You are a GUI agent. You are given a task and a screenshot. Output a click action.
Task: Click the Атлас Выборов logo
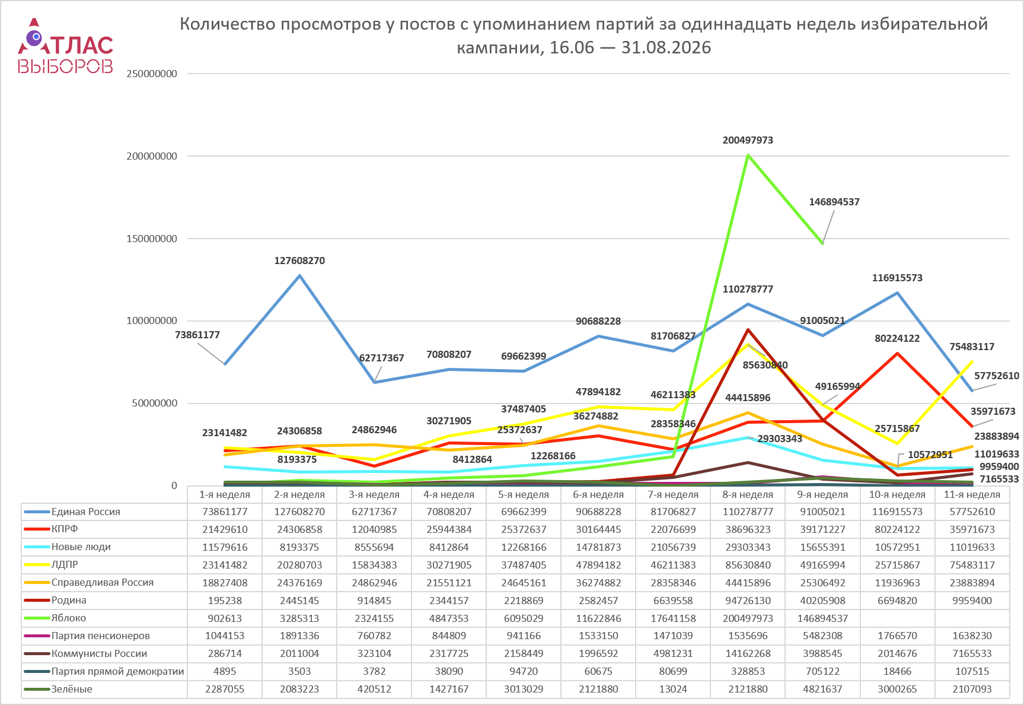pos(65,46)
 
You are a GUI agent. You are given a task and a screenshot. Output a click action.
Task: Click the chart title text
pos(583,36)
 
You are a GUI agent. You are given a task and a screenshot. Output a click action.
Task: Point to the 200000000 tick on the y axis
pos(152,156)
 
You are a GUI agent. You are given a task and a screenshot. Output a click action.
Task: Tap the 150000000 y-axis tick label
pos(152,239)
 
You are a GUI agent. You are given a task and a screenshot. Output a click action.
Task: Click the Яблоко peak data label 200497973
pos(748,140)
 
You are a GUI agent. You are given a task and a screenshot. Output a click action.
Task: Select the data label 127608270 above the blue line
pos(299,261)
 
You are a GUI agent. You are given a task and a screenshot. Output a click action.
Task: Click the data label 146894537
pos(834,202)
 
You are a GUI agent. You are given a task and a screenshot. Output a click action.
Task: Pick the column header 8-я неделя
pos(748,494)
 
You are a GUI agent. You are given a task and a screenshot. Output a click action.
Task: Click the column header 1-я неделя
pos(225,494)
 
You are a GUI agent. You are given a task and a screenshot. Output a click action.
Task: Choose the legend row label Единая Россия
pos(86,512)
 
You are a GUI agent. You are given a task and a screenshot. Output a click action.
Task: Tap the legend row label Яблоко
pos(69,618)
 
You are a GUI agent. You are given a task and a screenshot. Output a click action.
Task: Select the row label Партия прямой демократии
pos(118,671)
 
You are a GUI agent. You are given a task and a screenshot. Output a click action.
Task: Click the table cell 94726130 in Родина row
pos(748,601)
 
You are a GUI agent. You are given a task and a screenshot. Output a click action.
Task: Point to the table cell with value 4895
pos(225,671)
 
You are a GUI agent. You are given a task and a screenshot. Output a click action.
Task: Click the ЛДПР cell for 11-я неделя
pos(972,565)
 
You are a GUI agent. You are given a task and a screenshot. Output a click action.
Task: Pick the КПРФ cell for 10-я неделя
pos(897,529)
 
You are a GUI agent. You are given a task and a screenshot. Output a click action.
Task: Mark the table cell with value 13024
pos(673,689)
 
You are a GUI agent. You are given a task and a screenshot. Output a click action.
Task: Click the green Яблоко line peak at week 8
pos(748,155)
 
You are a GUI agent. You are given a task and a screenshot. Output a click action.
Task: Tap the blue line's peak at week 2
pos(299,275)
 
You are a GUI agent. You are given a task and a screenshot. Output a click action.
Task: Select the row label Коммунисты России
pos(99,653)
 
